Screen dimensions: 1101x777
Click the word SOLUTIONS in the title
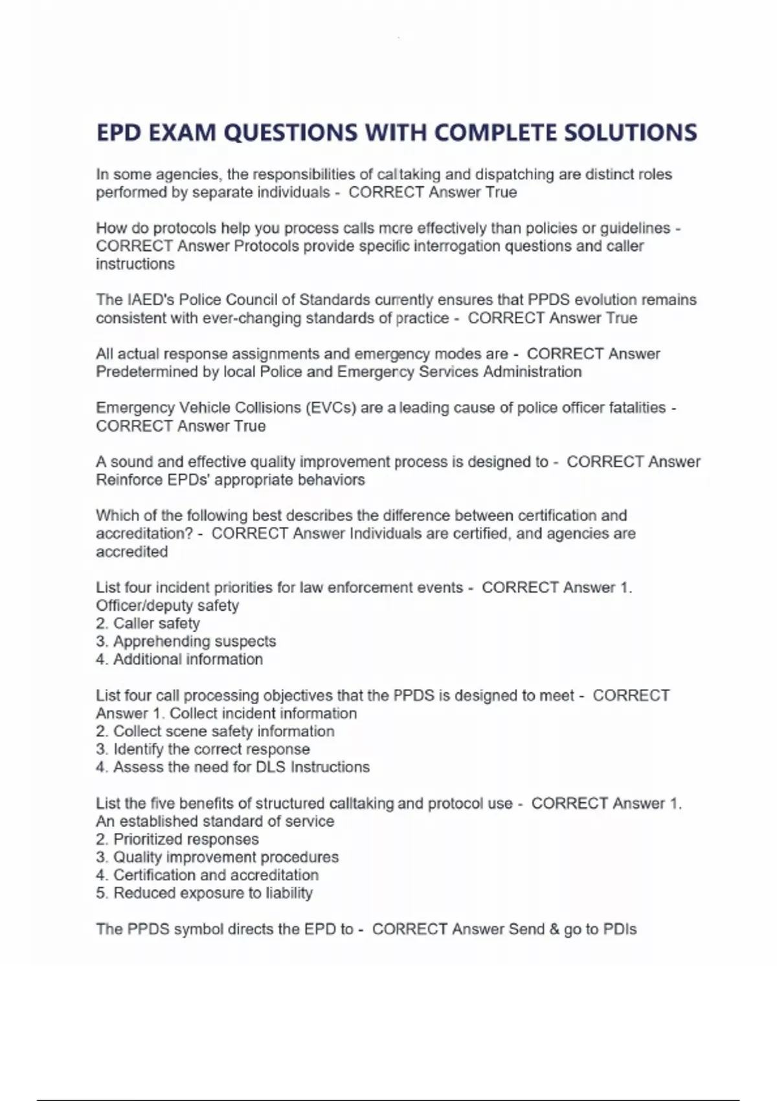coord(630,133)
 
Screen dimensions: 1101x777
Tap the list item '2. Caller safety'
coord(148,624)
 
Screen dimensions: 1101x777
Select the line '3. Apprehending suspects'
coord(186,641)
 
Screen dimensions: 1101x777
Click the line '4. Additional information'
coord(179,659)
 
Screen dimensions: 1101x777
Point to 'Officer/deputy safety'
coord(167,606)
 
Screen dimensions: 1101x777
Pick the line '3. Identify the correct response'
coord(203,749)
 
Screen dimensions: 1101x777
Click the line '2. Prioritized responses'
coord(177,839)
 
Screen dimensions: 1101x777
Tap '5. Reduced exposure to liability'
coord(204,893)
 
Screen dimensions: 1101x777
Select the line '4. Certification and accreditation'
coord(207,875)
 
